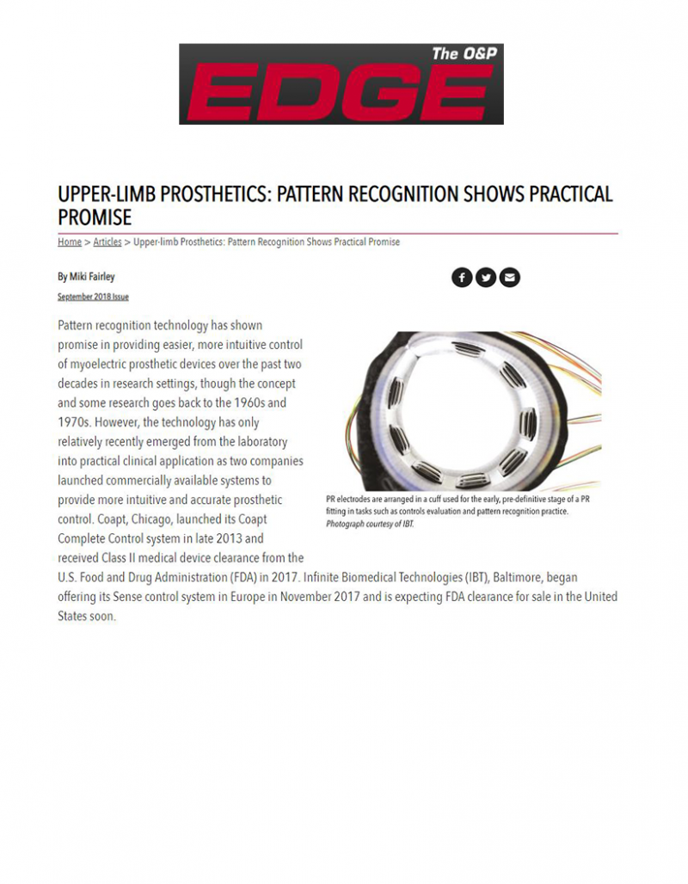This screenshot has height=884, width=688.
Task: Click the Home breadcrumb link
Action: (x=70, y=242)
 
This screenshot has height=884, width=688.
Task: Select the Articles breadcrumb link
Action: (x=107, y=242)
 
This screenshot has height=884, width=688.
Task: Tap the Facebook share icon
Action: (x=462, y=277)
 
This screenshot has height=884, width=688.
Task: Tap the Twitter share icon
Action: (x=486, y=277)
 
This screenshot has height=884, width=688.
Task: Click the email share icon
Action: (x=510, y=277)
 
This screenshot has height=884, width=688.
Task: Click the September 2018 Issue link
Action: (x=93, y=297)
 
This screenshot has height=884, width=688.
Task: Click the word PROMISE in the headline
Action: (x=95, y=216)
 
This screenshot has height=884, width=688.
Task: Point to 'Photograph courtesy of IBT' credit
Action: (x=370, y=524)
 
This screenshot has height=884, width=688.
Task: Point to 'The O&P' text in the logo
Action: (x=464, y=53)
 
